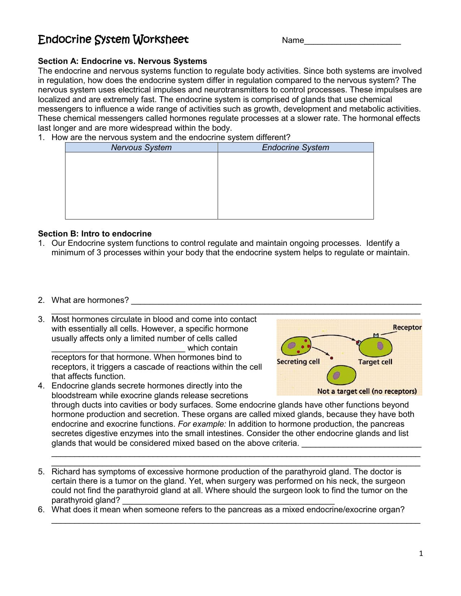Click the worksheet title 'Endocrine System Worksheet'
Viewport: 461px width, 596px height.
tap(113, 39)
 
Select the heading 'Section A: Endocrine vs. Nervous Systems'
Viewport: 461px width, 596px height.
tap(123, 61)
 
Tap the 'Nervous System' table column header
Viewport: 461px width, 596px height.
tap(141, 147)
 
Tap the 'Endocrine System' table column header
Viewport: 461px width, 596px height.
tap(295, 147)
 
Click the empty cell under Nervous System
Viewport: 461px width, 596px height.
tap(141, 186)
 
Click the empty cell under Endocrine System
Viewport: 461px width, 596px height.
tap(295, 186)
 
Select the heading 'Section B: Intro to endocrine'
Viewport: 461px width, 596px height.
tap(95, 234)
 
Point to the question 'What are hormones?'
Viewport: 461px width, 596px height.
tap(90, 300)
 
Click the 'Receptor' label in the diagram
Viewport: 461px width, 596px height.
tap(407, 327)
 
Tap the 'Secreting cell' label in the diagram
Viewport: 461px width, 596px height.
tap(298, 361)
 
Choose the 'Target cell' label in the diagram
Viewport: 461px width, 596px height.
tap(375, 362)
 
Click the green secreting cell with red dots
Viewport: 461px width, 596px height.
tap(296, 346)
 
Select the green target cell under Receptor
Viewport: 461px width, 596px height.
tap(377, 346)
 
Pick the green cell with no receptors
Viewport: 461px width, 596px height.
tap(341, 375)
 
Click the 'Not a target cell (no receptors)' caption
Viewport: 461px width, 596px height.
tap(367, 391)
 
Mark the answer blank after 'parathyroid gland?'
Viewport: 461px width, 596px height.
tap(229, 501)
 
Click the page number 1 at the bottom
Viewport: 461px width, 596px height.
tap(421, 553)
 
